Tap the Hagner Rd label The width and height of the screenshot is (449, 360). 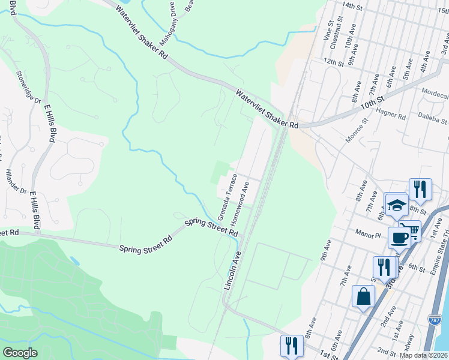tap(391, 112)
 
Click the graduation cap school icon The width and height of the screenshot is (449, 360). tap(396, 205)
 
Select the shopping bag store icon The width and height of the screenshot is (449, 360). tap(363, 296)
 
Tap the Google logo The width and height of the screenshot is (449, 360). tap(20, 352)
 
